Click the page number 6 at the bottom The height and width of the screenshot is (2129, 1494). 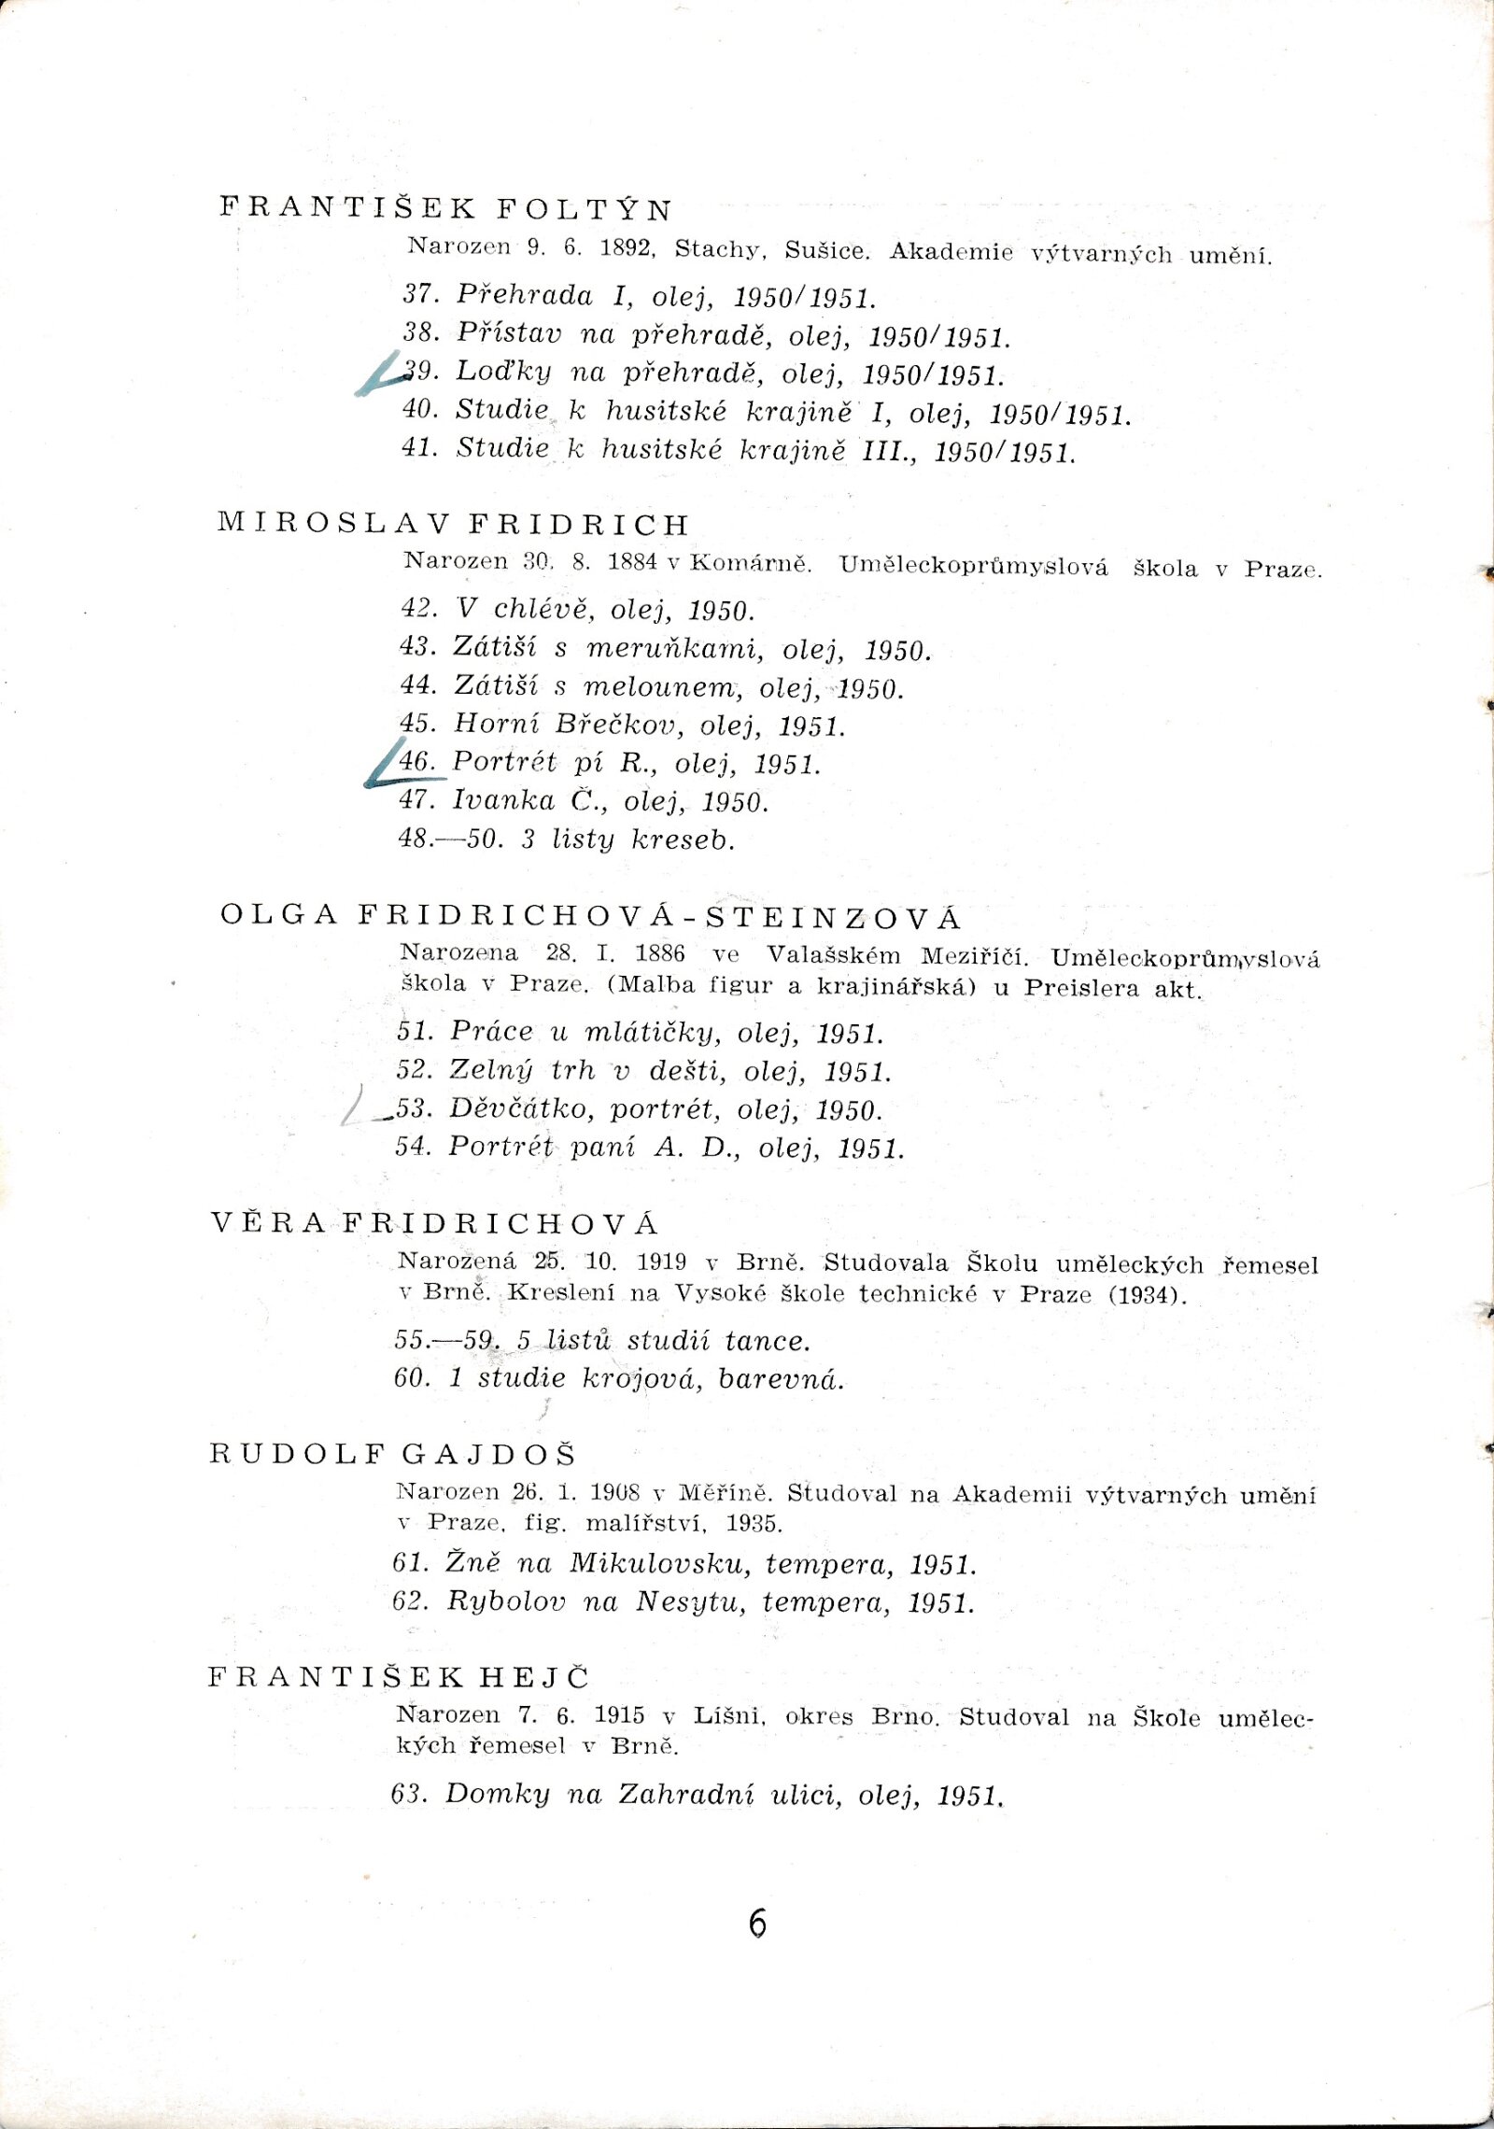coord(757,1924)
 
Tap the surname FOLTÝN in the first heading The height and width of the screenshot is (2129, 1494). coord(585,209)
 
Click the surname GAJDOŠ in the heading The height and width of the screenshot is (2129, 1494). coord(489,1454)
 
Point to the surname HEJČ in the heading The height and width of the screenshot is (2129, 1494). coord(535,1677)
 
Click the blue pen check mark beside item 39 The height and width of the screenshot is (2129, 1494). coord(379,375)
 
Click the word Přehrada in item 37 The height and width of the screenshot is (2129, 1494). coord(524,296)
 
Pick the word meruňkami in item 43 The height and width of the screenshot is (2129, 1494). coord(674,648)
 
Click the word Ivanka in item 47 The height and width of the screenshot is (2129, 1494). coord(503,801)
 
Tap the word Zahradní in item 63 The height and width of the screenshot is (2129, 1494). coord(686,1794)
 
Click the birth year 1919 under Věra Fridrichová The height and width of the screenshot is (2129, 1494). coord(661,1262)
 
